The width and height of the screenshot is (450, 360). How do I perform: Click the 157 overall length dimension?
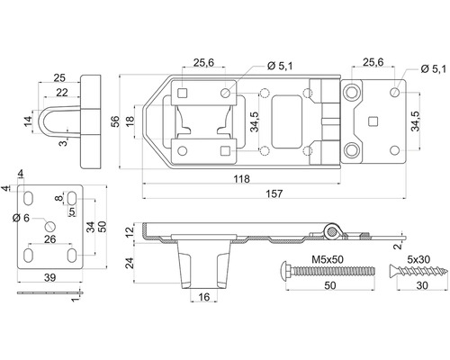[x=274, y=193]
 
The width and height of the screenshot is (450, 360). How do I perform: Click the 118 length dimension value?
[x=241, y=179]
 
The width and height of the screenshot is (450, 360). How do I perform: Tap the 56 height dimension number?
[x=115, y=121]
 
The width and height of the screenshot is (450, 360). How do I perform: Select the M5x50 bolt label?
[x=328, y=259]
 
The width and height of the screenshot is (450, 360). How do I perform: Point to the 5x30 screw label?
[x=418, y=259]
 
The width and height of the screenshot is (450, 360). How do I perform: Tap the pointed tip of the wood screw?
[x=446, y=272]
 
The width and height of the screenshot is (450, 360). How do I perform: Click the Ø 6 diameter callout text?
[x=21, y=218]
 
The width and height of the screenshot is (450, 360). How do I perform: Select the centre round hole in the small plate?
[x=50, y=226]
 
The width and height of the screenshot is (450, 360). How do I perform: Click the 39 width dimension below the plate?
[x=49, y=278]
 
